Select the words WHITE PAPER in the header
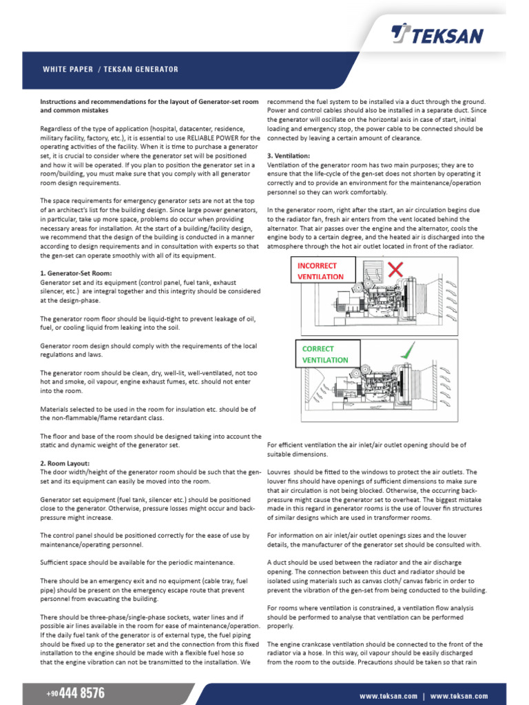(68, 70)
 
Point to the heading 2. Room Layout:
(65, 463)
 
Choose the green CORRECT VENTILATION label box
(326, 354)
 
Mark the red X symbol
(395, 269)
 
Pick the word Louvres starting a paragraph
(280, 472)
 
